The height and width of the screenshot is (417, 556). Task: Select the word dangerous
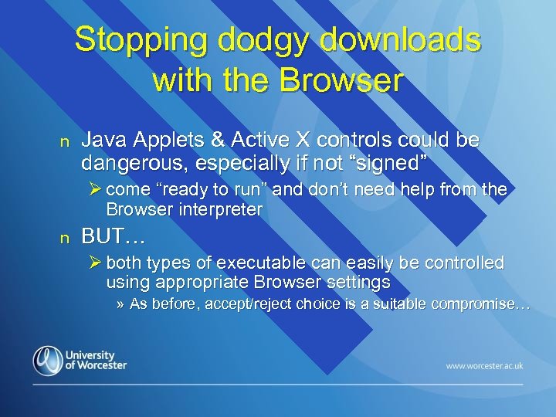pyautogui.click(x=128, y=163)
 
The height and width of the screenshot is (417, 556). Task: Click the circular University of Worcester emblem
pyautogui.click(x=48, y=360)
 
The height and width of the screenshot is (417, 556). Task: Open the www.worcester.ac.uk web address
pyautogui.click(x=483, y=364)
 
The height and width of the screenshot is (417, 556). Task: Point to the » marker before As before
pyautogui.click(x=120, y=303)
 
